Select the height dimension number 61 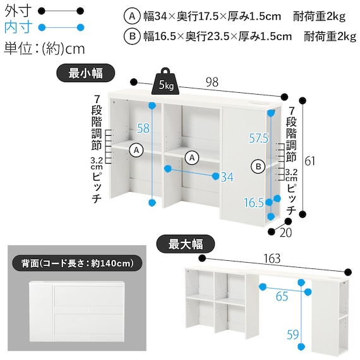pyautogui.click(x=309, y=160)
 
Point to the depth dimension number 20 pyautogui.click(x=286, y=233)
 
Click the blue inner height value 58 pyautogui.click(x=143, y=128)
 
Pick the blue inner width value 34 pyautogui.click(x=227, y=177)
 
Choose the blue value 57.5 pyautogui.click(x=259, y=138)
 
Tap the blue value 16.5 pyautogui.click(x=255, y=202)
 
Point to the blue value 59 pyautogui.click(x=292, y=335)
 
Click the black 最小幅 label pyautogui.click(x=86, y=73)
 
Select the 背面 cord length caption pyautogui.click(x=76, y=262)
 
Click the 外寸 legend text pyautogui.click(x=16, y=11)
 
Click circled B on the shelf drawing pyautogui.click(x=258, y=167)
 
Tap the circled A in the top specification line pyautogui.click(x=131, y=15)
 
